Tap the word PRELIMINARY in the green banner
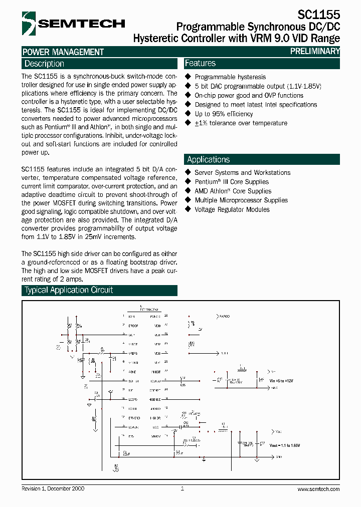(315, 51)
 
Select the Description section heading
(44, 64)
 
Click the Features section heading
(200, 63)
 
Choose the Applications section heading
(208, 159)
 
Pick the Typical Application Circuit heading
(69, 290)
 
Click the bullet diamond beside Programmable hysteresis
(189, 77)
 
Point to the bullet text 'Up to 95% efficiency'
(224, 114)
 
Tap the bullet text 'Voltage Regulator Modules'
(232, 209)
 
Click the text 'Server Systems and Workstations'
(242, 172)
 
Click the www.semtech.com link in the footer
(318, 489)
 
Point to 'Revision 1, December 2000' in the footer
(53, 489)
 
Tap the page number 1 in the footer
(183, 488)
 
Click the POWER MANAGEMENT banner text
(63, 52)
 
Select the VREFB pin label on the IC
(132, 353)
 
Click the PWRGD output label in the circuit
(224, 317)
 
